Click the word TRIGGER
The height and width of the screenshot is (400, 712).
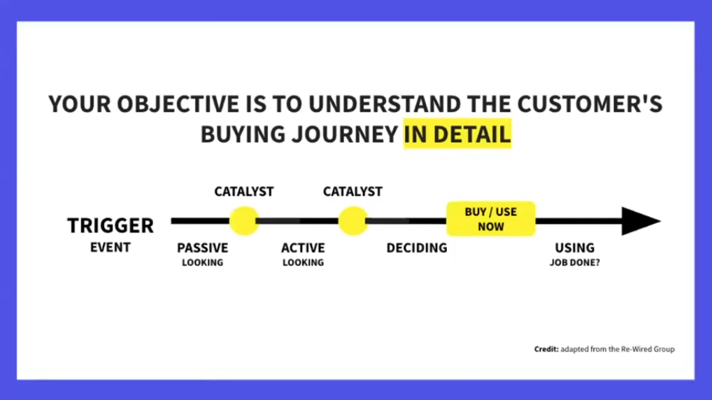(111, 226)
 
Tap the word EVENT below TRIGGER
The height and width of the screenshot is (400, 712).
(111, 248)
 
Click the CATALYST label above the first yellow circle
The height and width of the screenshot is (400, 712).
(244, 192)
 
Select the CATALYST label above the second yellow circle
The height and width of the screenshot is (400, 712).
(353, 192)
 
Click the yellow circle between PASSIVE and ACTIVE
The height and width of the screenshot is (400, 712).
(244, 221)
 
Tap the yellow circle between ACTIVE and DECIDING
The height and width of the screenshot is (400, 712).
(353, 221)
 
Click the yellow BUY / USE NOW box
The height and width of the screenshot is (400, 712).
(491, 219)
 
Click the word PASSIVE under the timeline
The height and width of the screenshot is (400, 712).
(203, 248)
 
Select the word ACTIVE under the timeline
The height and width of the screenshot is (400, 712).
(303, 248)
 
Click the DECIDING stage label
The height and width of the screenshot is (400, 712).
(417, 248)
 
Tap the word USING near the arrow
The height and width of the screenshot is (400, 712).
(574, 248)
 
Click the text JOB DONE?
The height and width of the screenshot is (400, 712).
(574, 262)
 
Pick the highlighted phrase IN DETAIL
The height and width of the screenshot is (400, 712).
(457, 134)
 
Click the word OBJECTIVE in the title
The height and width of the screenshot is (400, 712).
(178, 104)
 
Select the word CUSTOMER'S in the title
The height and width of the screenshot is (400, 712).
(590, 104)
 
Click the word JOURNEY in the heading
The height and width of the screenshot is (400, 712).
(345, 134)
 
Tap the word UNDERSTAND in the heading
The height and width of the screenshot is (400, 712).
(385, 104)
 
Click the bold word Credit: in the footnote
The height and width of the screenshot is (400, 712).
(546, 349)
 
